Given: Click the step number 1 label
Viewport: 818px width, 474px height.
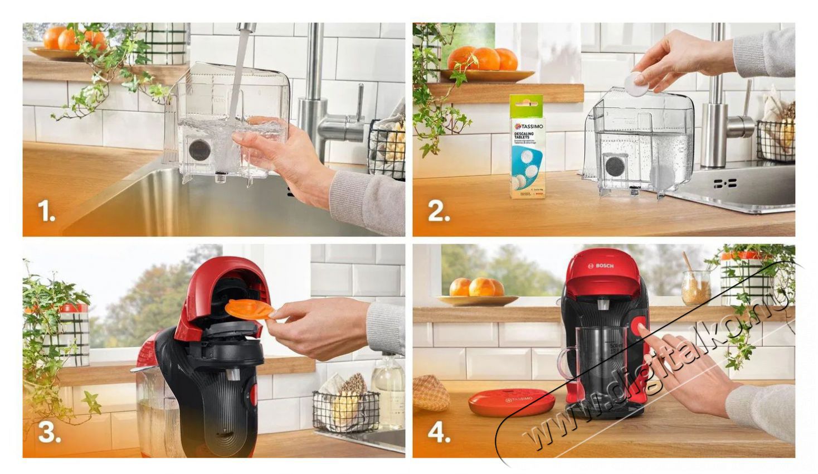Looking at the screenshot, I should coord(46,211).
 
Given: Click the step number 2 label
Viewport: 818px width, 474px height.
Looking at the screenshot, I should coord(439,211).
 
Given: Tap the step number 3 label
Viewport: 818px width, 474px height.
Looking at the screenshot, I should coord(49,433).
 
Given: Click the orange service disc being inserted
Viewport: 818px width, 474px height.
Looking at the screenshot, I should coord(249,309).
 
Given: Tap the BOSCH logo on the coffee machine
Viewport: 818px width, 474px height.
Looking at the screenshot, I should coord(601,266).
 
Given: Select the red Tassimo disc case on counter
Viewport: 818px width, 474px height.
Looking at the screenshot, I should coord(511,402).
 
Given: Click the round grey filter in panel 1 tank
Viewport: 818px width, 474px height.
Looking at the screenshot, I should coord(199,149).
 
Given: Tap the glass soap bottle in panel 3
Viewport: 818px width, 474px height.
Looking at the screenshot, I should coord(388,390).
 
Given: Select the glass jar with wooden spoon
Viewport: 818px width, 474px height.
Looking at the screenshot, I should coord(696,286).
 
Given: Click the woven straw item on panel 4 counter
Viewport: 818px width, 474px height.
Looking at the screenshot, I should coord(430,393).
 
